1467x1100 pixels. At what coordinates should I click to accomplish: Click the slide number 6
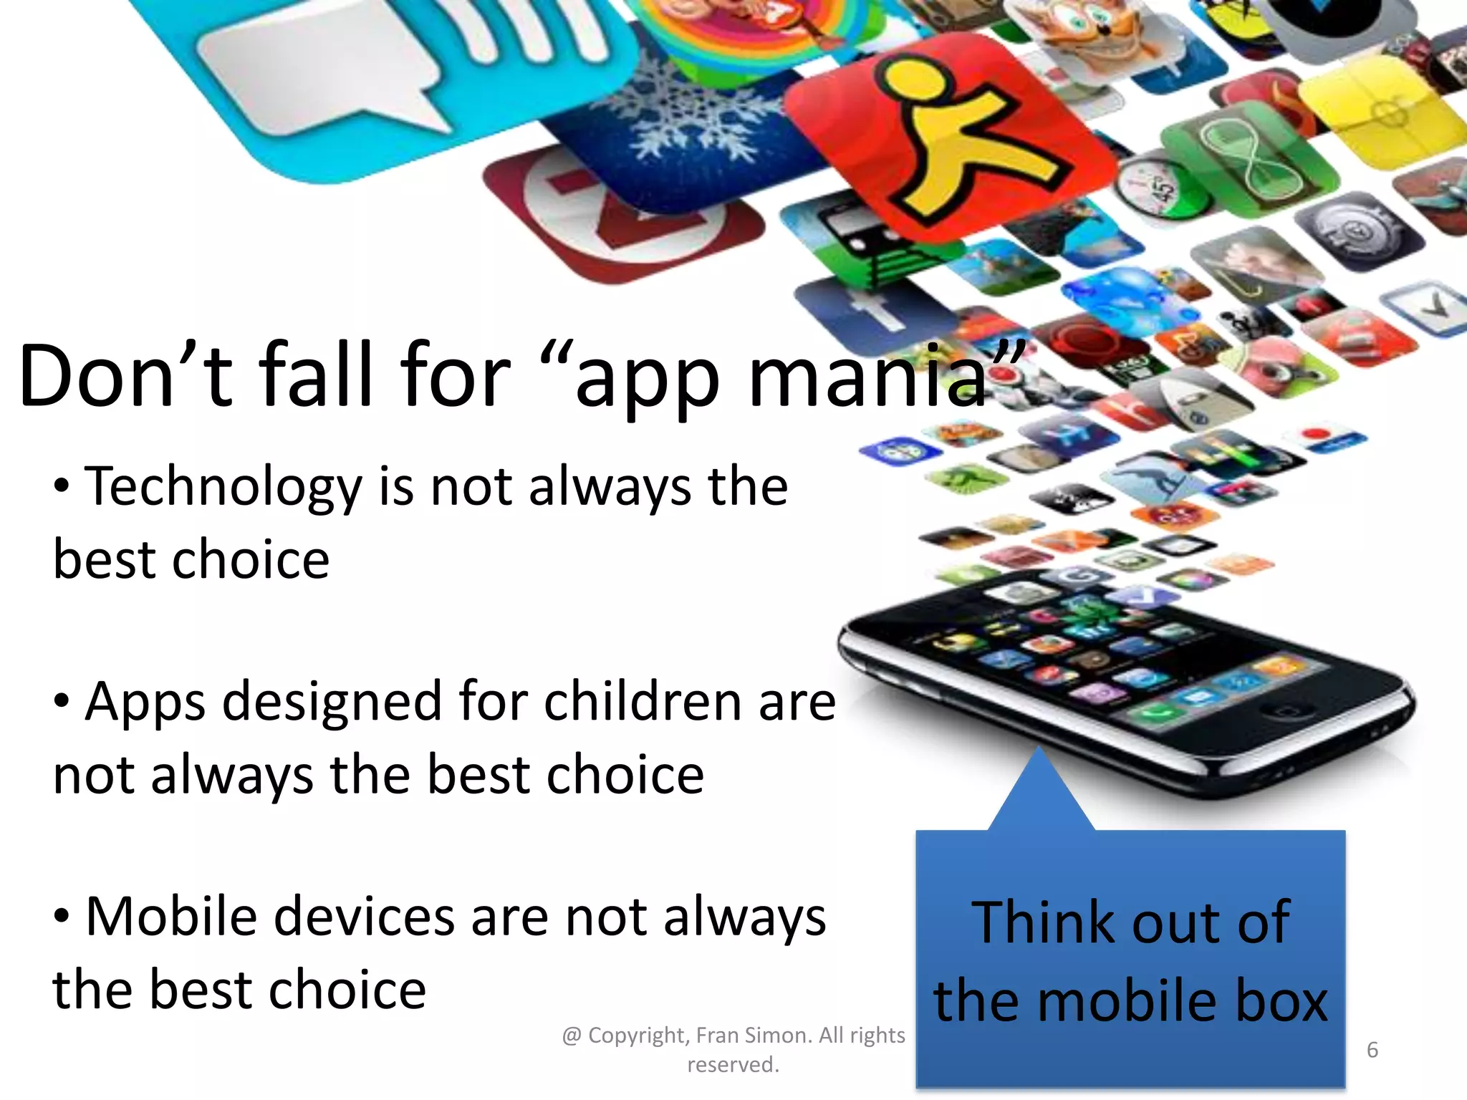tap(1372, 1050)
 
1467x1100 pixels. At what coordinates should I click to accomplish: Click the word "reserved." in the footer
tap(733, 1065)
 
